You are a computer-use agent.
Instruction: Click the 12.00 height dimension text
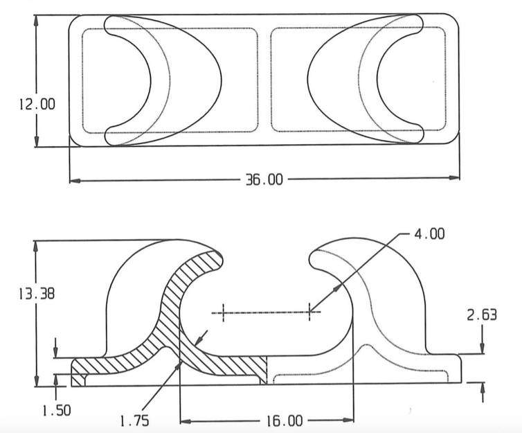coord(37,104)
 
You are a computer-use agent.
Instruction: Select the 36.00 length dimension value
coord(264,179)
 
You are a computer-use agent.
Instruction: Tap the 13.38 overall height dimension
coord(37,294)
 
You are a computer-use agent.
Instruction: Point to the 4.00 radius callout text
coord(429,234)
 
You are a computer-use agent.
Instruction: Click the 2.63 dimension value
coord(482,315)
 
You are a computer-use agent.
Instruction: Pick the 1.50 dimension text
coord(57,410)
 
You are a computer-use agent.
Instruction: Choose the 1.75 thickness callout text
coord(134,421)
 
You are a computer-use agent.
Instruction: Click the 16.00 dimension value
coord(285,421)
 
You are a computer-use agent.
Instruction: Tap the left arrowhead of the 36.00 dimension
coord(75,181)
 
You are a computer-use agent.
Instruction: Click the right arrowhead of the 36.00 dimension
coord(454,178)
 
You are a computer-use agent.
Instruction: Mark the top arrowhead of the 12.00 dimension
coord(36,21)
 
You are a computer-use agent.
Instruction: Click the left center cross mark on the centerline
coord(223,312)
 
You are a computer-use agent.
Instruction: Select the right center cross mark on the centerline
coord(309,312)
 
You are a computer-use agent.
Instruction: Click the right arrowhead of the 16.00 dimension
coord(348,420)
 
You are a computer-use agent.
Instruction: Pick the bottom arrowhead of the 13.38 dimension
coord(36,381)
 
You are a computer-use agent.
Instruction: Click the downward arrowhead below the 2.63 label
coord(482,348)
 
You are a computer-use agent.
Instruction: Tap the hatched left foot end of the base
coord(78,373)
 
